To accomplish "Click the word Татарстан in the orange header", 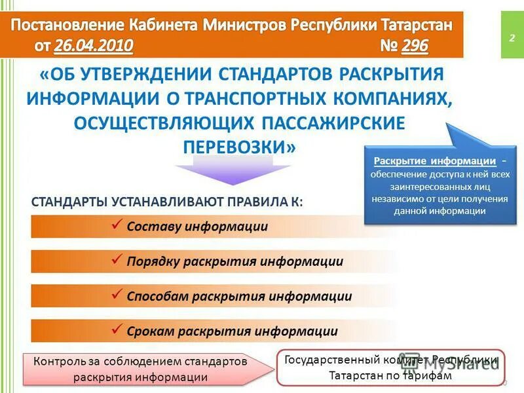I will [x=414, y=25].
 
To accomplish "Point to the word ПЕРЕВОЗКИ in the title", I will [x=238, y=147].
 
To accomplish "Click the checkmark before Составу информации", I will [x=117, y=225].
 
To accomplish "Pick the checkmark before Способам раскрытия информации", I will [x=117, y=295].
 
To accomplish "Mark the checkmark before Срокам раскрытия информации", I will [x=117, y=330].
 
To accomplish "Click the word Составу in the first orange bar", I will [x=154, y=227].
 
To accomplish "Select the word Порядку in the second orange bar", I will [x=154, y=261].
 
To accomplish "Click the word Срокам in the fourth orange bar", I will [x=149, y=331].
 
